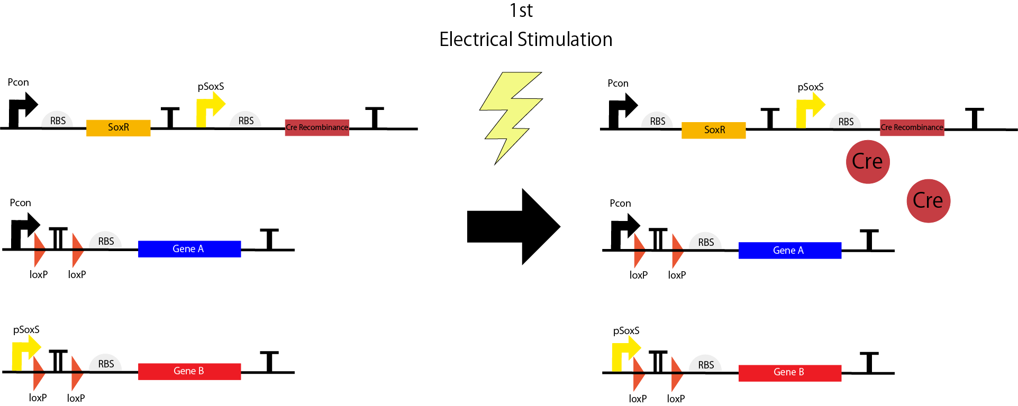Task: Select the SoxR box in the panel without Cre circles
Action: (119, 128)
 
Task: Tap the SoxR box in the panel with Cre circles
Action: (713, 130)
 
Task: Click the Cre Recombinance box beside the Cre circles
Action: (912, 128)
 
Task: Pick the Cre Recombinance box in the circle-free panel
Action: (316, 128)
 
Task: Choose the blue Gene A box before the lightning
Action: (189, 249)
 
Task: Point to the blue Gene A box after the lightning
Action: (789, 251)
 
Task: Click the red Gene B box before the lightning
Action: (189, 371)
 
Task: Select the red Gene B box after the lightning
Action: (789, 373)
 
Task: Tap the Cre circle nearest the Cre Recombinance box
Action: (868, 162)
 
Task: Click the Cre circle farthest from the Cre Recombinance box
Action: (928, 201)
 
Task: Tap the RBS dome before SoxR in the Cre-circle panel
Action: (657, 121)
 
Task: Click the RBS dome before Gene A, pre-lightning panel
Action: (105, 241)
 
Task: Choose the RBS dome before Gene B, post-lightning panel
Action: (705, 364)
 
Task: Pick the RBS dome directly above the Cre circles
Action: (846, 121)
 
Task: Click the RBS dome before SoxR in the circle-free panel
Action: (57, 120)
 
